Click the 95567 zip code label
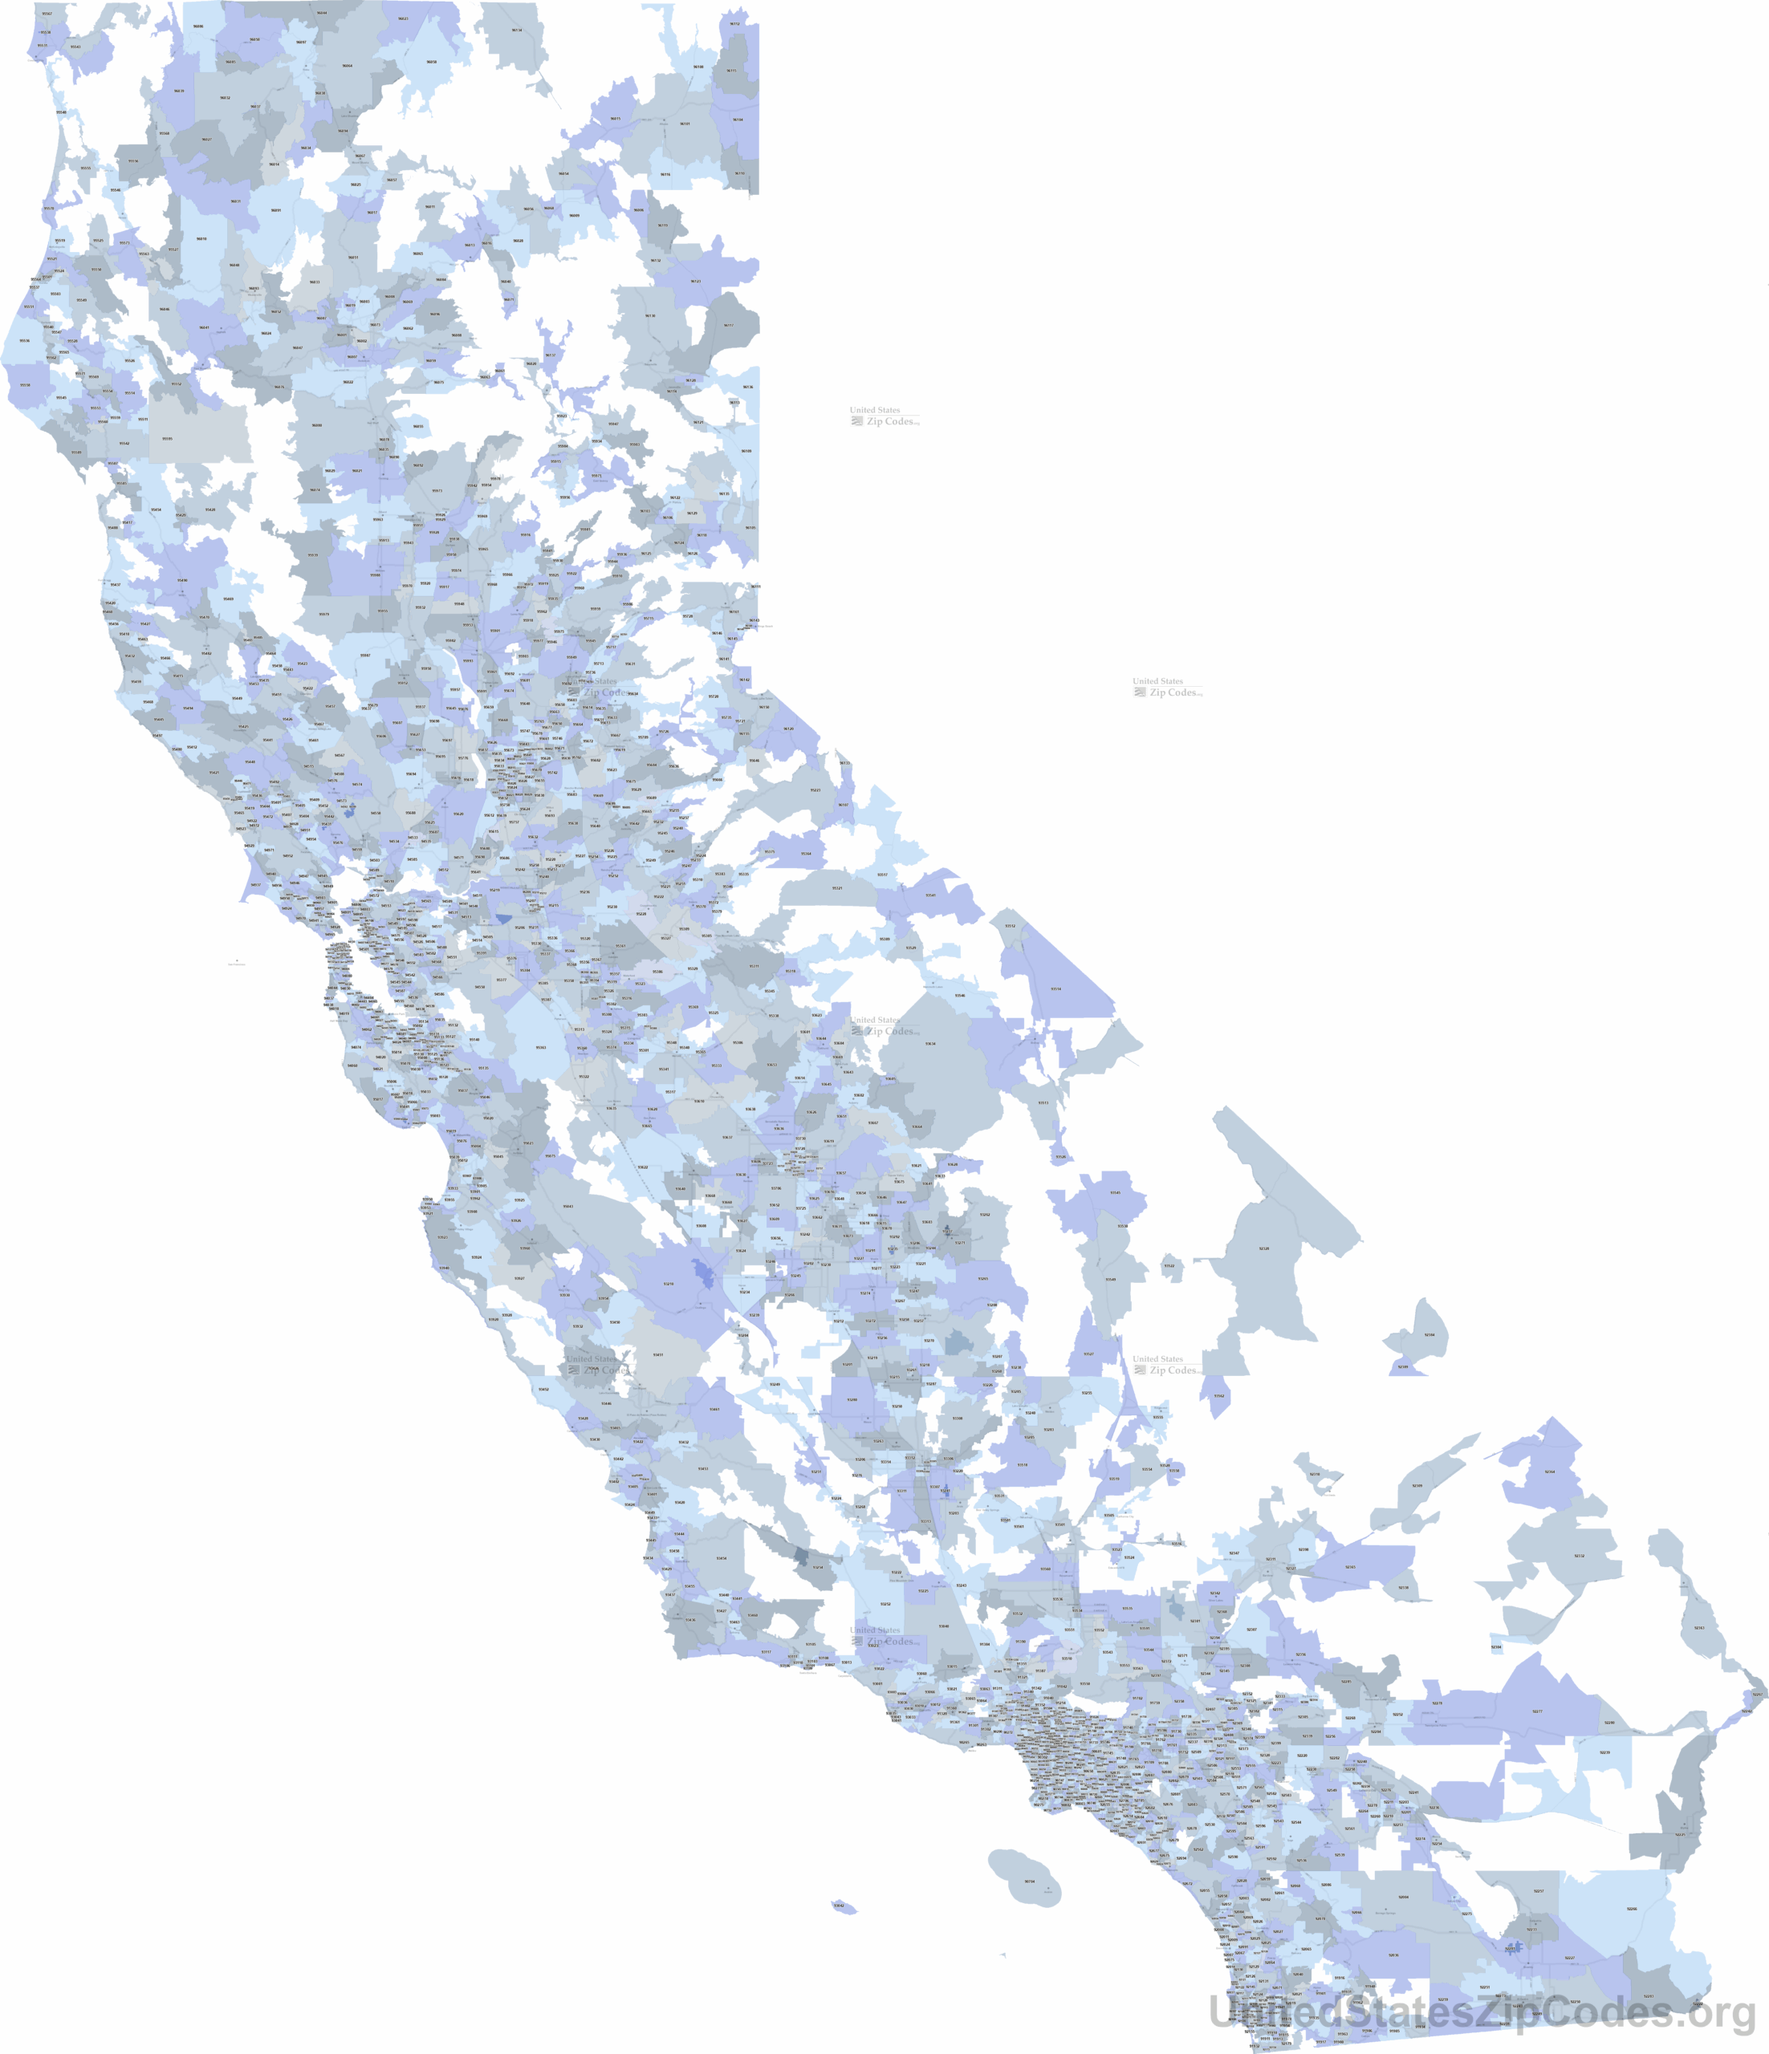click(x=47, y=14)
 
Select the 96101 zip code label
click(x=684, y=124)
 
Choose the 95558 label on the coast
click(x=25, y=384)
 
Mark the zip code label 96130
click(x=650, y=316)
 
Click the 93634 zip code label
click(x=930, y=1044)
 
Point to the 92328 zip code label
click(x=1264, y=1248)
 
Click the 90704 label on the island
click(x=1028, y=1881)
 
